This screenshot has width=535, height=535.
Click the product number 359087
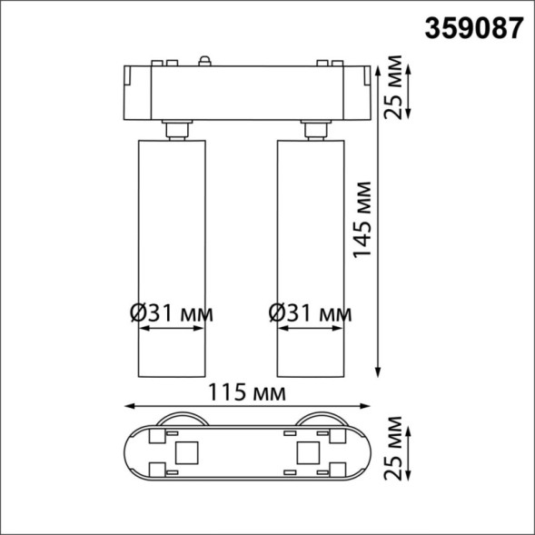tap(474, 27)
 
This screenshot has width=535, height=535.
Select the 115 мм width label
tap(246, 393)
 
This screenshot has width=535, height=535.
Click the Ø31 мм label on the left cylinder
tap(172, 313)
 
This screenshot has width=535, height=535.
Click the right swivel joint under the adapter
tap(314, 129)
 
